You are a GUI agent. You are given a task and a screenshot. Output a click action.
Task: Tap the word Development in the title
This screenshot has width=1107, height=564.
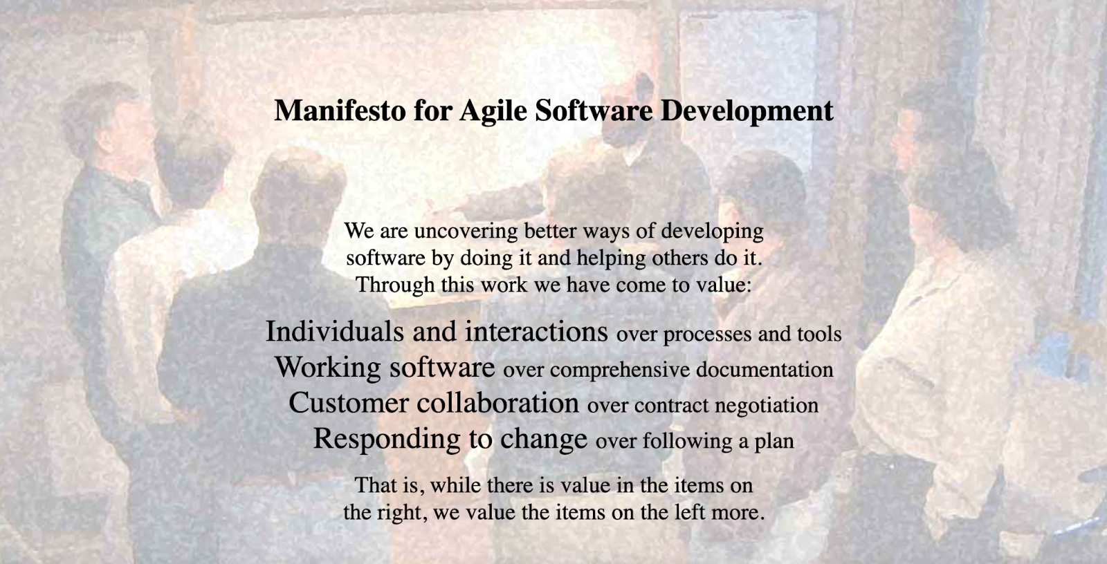coord(747,111)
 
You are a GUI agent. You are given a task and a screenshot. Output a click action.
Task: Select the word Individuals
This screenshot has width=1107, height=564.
coord(335,331)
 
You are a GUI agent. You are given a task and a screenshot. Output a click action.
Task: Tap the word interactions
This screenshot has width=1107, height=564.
coord(536,331)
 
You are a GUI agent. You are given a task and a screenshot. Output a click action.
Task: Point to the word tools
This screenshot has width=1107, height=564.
coord(819,334)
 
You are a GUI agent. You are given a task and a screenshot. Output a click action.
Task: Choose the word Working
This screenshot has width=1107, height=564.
coord(328,368)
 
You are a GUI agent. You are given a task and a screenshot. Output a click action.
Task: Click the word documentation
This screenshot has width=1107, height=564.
coord(765,369)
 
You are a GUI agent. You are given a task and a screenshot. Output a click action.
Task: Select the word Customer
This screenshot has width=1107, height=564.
coord(349,402)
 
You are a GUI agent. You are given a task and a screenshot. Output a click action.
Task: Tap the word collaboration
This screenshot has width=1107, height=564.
coord(497,402)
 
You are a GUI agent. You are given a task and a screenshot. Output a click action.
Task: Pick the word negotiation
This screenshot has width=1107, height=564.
coord(767,406)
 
